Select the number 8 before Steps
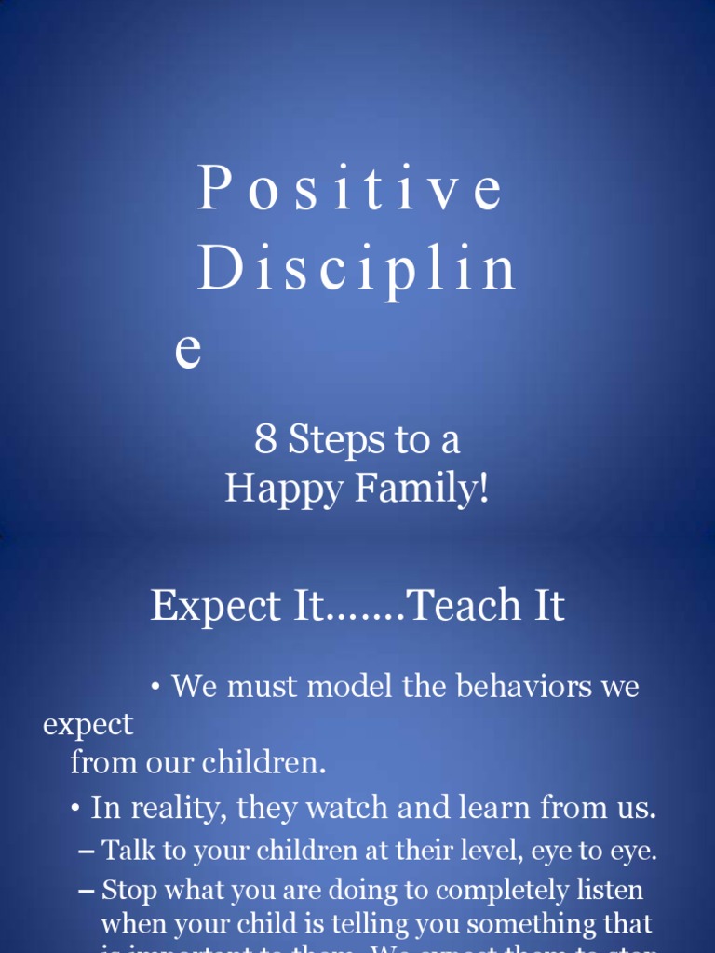[265, 440]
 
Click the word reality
[179, 809]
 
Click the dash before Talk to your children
[87, 851]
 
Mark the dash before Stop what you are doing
[87, 891]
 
